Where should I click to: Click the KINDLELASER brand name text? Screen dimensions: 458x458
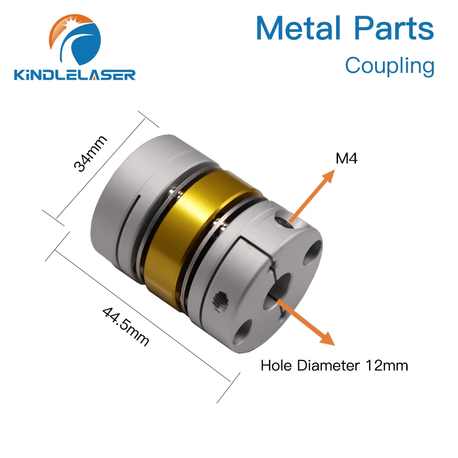pyautogui.click(x=75, y=74)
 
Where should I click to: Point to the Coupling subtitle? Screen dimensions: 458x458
pyautogui.click(x=389, y=65)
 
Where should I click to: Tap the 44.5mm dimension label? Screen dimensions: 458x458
pyautogui.click(x=126, y=326)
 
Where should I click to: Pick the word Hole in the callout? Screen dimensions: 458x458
pyautogui.click(x=278, y=365)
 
